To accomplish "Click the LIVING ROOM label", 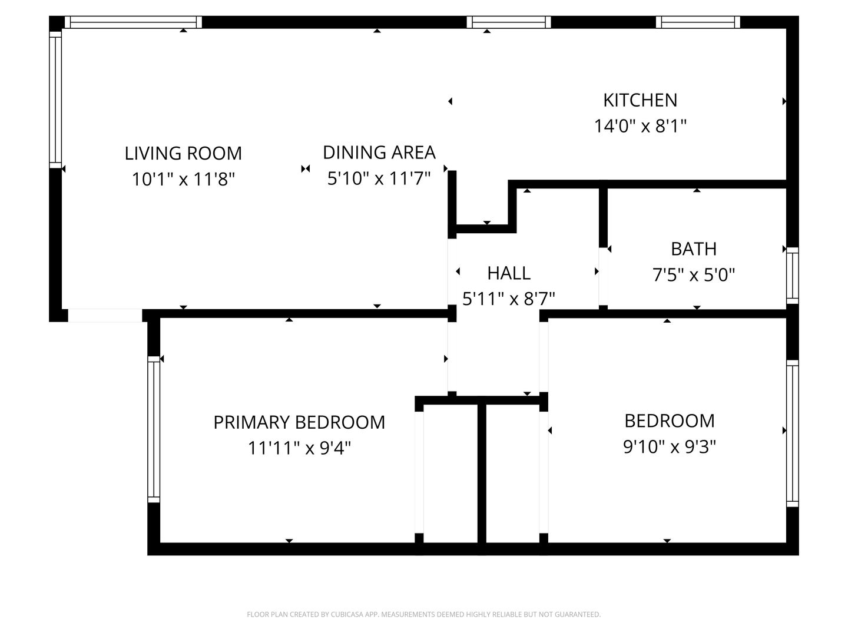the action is point(183,153).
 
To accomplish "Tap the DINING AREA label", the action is point(379,153).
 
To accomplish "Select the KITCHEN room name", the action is point(640,100).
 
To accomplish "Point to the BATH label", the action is point(694,249).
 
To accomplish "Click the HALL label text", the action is point(509,273).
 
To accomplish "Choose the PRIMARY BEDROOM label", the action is point(299,422).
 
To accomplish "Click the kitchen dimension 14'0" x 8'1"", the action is point(640,126).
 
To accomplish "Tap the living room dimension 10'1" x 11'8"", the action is point(183,179).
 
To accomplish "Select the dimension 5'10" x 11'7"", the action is point(379,178).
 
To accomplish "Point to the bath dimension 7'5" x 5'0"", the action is point(694,275).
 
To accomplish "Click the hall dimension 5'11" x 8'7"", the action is point(509,299).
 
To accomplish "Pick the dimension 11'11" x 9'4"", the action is point(299,448).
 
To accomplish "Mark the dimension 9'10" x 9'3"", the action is point(670,447).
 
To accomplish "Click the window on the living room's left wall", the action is point(55,100).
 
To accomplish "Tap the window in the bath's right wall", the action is point(793,276).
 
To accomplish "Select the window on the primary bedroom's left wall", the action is point(154,429).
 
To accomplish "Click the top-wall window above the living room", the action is point(133,22).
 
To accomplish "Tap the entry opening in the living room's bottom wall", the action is point(105,315).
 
